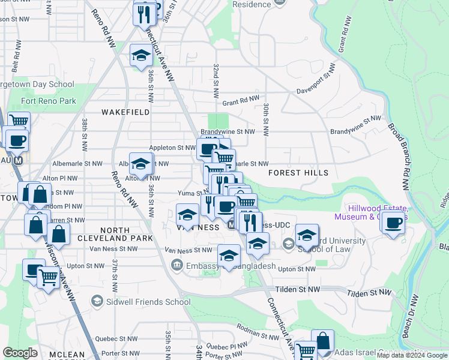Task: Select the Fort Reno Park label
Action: click(x=49, y=101)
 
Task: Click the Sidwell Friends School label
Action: click(x=140, y=301)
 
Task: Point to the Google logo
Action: click(x=20, y=352)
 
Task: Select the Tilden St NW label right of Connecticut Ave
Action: click(x=368, y=292)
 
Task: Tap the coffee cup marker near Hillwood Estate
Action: click(x=393, y=223)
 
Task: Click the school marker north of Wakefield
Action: click(x=141, y=56)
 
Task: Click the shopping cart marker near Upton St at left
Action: click(x=48, y=277)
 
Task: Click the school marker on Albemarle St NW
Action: click(x=141, y=164)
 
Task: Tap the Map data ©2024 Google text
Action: click(x=412, y=355)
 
